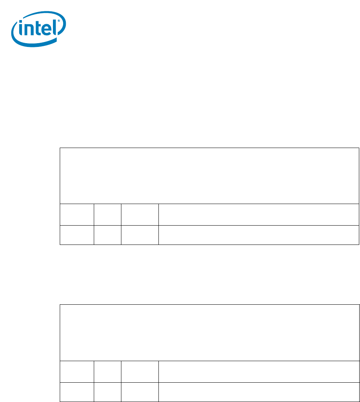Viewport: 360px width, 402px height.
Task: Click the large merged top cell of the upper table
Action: pyautogui.click(x=209, y=176)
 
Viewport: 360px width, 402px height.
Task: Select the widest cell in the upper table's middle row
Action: pyautogui.click(x=258, y=215)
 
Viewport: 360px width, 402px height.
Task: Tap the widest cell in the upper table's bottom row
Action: pyautogui.click(x=258, y=235)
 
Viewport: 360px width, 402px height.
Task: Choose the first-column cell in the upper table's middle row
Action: pyautogui.click(x=77, y=215)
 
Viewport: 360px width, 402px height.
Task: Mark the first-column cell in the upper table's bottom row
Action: pyautogui.click(x=77, y=235)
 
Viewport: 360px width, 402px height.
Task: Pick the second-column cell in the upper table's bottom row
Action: pyautogui.click(x=107, y=235)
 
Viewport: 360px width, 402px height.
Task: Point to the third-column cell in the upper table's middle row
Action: pyautogui.click(x=140, y=215)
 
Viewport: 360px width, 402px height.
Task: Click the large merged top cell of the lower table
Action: pyautogui.click(x=209, y=332)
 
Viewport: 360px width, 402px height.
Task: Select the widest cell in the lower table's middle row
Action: pyautogui.click(x=258, y=371)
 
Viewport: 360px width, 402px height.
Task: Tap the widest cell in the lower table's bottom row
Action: pyautogui.click(x=258, y=391)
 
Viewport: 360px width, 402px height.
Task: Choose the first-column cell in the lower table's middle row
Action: pyautogui.click(x=77, y=371)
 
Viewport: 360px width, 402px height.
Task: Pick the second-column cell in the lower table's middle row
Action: pyautogui.click(x=107, y=371)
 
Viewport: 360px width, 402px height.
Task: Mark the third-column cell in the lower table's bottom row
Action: pyautogui.click(x=140, y=391)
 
